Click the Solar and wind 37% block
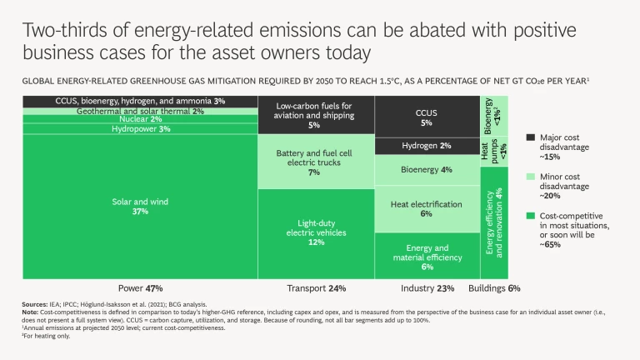coord(129,206)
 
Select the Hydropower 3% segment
coord(129,129)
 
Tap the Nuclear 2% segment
coord(129,119)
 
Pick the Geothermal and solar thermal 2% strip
coord(129,111)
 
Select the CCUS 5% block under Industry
coord(426,117)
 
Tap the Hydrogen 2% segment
coord(426,146)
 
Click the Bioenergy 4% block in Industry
coord(426,170)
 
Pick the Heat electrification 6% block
coord(426,208)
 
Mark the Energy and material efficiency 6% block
coord(426,256)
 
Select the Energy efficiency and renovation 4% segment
coord(494,222)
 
